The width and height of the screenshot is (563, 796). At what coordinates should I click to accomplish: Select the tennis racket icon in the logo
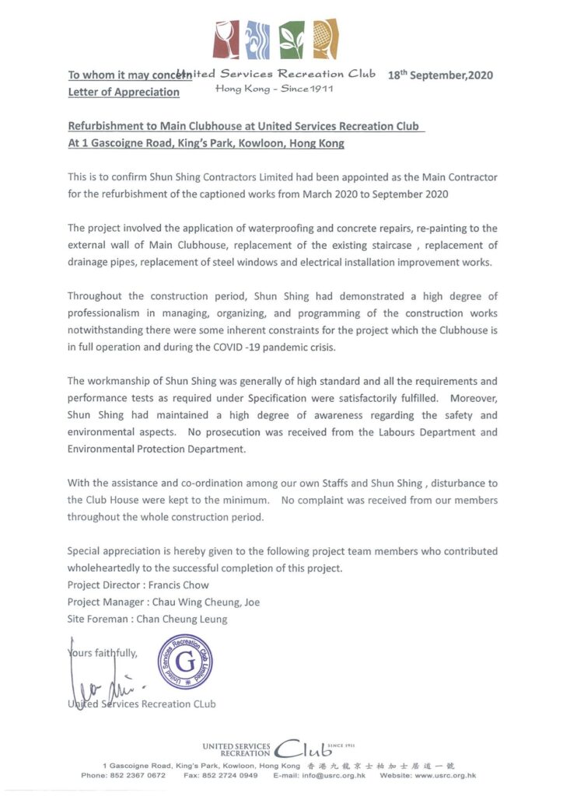325,40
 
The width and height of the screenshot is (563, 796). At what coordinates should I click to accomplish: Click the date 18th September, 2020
440,75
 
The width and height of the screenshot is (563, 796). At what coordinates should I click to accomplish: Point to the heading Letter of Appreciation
124,92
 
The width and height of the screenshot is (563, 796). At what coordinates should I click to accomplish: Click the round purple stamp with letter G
185,662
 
